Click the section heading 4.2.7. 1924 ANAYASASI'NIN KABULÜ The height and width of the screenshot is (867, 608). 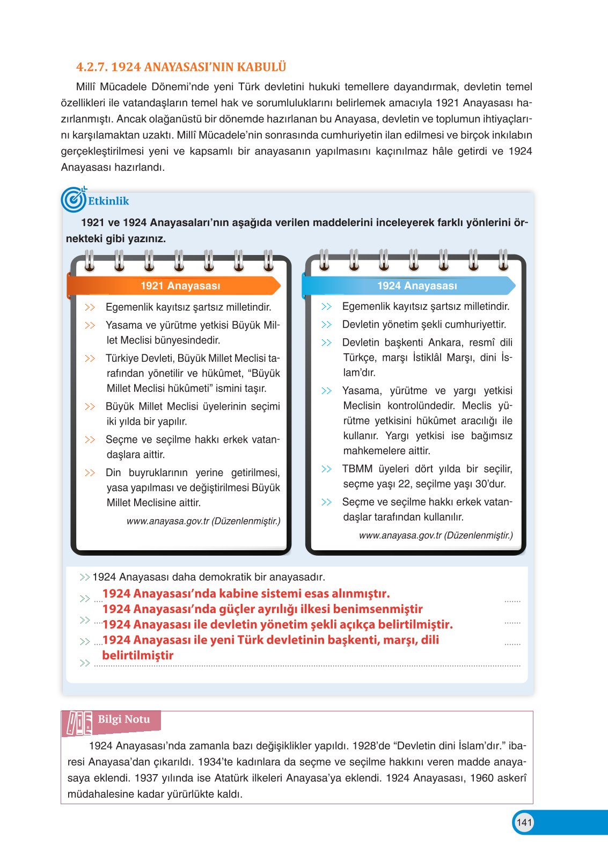click(181, 67)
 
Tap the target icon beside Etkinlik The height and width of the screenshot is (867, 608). click(74, 200)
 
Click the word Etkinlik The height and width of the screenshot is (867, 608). click(108, 201)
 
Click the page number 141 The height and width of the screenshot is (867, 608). click(524, 822)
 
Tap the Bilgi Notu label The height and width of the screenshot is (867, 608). click(124, 719)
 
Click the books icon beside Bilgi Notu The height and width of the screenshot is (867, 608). click(78, 723)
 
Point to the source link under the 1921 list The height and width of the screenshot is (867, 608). click(203, 521)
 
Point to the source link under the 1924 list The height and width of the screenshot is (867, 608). click(436, 535)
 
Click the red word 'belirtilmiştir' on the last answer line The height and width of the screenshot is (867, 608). click(138, 655)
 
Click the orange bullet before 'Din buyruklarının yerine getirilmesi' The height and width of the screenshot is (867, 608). click(90, 473)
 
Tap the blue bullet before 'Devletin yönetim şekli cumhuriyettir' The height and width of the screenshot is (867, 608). click(326, 325)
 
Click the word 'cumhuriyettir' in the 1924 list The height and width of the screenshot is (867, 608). click(479, 324)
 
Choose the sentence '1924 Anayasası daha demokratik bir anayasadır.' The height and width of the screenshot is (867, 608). click(209, 577)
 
